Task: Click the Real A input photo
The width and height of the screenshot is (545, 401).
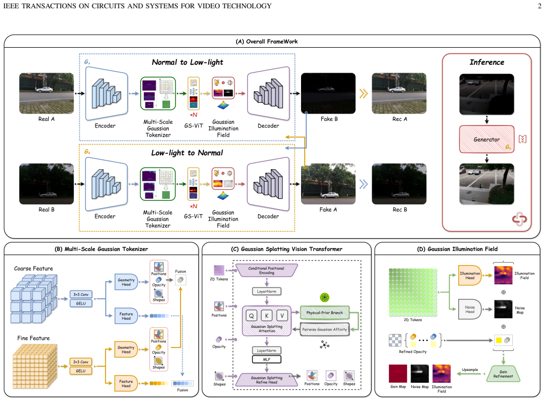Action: (47, 93)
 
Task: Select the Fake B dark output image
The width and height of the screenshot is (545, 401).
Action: (328, 93)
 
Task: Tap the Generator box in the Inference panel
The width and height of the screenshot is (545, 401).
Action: (487, 140)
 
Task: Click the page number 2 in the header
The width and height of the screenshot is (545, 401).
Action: (539, 6)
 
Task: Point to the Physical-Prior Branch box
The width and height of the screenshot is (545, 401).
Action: (324, 313)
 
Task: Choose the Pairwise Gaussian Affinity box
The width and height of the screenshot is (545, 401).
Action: (324, 329)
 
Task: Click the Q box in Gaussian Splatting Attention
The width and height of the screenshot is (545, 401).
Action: (251, 315)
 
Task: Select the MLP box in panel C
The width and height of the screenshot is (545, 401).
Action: (267, 359)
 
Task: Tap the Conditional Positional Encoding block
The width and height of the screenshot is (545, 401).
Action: (267, 270)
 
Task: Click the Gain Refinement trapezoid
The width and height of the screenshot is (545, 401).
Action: (503, 374)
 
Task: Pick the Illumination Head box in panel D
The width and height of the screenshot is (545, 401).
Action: (470, 275)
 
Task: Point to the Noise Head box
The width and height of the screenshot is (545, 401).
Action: (470, 309)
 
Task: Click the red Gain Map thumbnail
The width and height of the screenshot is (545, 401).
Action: (398, 374)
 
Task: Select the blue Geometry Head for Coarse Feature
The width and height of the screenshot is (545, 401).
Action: (126, 282)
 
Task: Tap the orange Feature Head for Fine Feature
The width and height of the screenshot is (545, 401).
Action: (126, 384)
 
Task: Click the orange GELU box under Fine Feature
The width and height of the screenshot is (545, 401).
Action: (80, 371)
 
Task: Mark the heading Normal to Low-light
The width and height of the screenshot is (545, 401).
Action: (187, 62)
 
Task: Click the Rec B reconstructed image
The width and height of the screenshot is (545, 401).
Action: (399, 184)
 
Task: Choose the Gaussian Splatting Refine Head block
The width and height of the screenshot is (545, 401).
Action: (267, 380)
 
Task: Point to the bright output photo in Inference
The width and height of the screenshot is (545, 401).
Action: (487, 184)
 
